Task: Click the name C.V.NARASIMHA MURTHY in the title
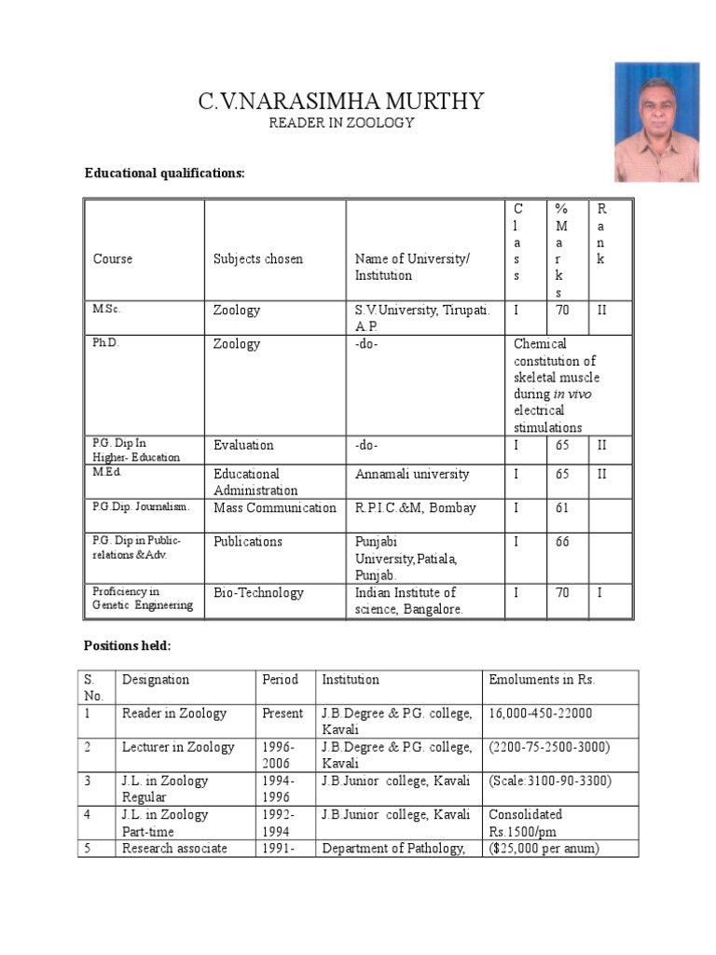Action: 340,101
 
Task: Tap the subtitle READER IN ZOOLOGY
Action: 340,123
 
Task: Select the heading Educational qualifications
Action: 165,173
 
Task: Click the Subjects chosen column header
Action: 258,259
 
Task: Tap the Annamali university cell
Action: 412,475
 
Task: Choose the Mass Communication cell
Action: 275,508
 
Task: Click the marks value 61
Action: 562,508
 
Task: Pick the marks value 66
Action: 562,542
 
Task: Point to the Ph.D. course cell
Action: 106,343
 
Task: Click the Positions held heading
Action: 127,645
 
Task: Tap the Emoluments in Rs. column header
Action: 542,680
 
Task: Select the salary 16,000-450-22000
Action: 540,713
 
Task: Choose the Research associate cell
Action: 174,848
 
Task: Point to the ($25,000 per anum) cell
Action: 544,848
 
